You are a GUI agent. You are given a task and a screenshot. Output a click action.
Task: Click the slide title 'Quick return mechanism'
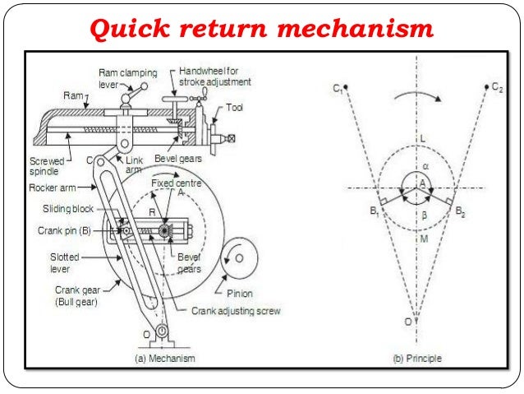(x=261, y=30)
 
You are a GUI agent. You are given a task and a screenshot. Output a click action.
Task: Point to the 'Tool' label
(x=234, y=108)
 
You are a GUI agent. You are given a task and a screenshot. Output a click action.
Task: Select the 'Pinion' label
(x=237, y=292)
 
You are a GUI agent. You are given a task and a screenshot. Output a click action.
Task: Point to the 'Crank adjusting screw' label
(x=236, y=311)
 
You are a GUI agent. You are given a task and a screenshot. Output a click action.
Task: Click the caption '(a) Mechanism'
(x=163, y=359)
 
